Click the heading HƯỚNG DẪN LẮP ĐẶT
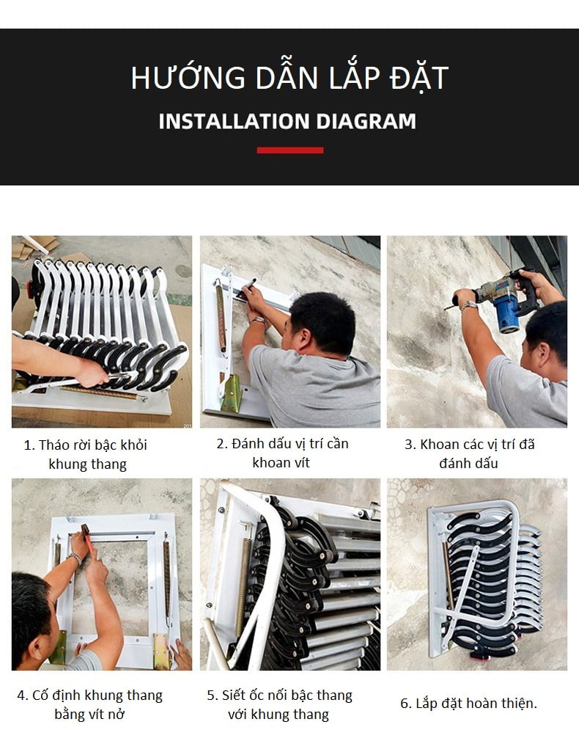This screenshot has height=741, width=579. [x=289, y=79]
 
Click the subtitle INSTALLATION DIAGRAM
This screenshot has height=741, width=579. [x=287, y=121]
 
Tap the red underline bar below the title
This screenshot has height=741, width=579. [x=289, y=150]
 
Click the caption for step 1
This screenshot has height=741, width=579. [x=87, y=454]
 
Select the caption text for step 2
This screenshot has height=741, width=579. [x=281, y=453]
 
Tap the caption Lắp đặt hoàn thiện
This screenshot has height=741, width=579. [x=468, y=703]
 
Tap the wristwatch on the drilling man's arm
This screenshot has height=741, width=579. [x=468, y=305]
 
